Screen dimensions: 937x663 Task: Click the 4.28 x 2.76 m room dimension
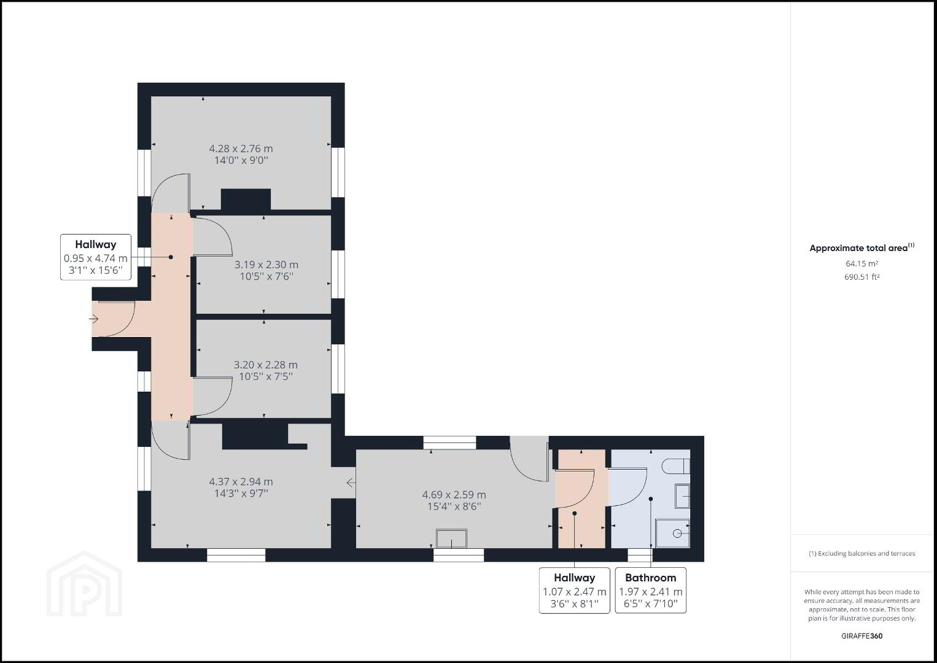coord(241,149)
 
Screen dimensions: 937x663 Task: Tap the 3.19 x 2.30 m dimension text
coord(266,265)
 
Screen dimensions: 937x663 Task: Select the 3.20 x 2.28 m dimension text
coord(266,364)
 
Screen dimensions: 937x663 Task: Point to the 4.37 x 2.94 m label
coord(241,481)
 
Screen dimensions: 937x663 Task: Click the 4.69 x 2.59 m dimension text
coord(454,494)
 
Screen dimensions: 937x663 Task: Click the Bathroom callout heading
coord(650,578)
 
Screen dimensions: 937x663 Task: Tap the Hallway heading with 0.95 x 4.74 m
coord(96,244)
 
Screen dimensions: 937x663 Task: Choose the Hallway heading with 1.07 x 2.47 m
coord(574,578)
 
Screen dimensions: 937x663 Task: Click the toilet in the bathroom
coord(677,466)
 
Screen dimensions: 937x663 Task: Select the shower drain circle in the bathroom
coord(677,533)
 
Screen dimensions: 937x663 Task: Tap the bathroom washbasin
coord(682,496)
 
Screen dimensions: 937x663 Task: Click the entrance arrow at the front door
coord(93,319)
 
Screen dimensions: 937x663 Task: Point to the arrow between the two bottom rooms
coord(351,483)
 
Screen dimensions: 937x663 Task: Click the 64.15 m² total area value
coord(861,263)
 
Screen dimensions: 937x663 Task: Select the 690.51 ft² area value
coord(861,277)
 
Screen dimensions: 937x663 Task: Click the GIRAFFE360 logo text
coord(861,636)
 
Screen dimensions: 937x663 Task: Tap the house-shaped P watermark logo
coord(85,584)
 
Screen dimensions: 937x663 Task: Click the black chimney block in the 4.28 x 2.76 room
coord(246,199)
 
